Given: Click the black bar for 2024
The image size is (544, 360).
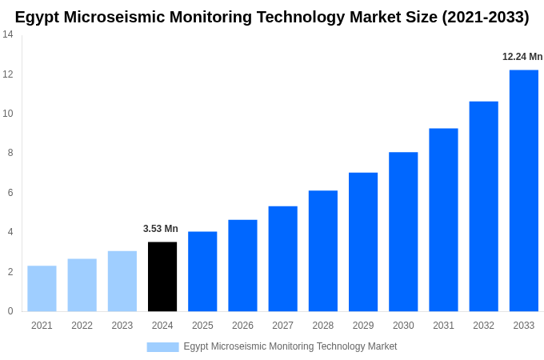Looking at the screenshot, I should pyautogui.click(x=162, y=277).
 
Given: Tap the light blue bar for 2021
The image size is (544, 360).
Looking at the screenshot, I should pyautogui.click(x=42, y=289).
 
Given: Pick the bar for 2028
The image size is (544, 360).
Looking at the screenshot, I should pyautogui.click(x=322, y=251).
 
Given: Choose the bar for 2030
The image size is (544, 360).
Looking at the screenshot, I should pyautogui.click(x=403, y=232).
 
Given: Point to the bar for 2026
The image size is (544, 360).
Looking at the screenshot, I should pyautogui.click(x=242, y=266).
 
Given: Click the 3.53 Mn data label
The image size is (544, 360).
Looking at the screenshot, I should pyautogui.click(x=161, y=229).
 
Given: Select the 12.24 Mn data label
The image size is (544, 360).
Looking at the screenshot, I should pyautogui.click(x=522, y=57).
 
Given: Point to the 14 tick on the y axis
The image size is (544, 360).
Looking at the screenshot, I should pyautogui.click(x=7, y=34).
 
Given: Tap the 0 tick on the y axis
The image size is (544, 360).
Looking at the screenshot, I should pyautogui.click(x=10, y=311).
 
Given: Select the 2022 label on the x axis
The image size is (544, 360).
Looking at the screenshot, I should pyautogui.click(x=82, y=326).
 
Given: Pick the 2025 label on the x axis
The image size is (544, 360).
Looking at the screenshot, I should pyautogui.click(x=202, y=326).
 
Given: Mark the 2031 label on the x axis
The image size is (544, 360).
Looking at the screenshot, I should pyautogui.click(x=443, y=326).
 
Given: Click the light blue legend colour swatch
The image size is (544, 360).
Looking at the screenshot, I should pyautogui.click(x=162, y=346).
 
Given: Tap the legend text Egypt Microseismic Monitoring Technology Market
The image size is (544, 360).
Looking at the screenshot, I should pyautogui.click(x=290, y=346).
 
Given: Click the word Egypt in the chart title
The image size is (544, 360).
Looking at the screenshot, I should pyautogui.click(x=39, y=17).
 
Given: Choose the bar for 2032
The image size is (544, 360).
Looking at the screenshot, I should pyautogui.click(x=483, y=206).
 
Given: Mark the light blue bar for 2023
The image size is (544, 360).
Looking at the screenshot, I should pyautogui.click(x=122, y=282).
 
